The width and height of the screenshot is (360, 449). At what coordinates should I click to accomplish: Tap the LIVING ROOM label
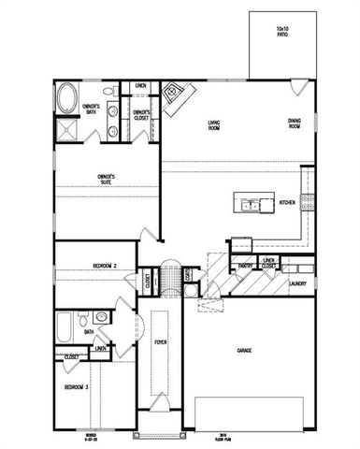click(220, 123)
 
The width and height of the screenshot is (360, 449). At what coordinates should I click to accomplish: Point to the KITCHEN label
click(287, 201)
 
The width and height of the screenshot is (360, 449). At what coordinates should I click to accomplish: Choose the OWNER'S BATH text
click(92, 109)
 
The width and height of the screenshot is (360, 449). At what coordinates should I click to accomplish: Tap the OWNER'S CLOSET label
click(141, 116)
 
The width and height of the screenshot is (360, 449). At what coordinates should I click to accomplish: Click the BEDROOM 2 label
click(104, 267)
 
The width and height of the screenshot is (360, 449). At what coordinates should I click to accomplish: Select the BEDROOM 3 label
click(77, 387)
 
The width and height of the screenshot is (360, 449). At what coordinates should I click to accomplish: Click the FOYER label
click(160, 343)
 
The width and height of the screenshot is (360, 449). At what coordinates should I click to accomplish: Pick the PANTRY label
click(247, 267)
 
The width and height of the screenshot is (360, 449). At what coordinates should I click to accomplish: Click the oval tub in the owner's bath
click(68, 98)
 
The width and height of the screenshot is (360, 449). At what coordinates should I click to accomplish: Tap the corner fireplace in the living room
click(175, 95)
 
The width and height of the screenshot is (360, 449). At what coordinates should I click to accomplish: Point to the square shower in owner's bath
click(68, 129)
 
